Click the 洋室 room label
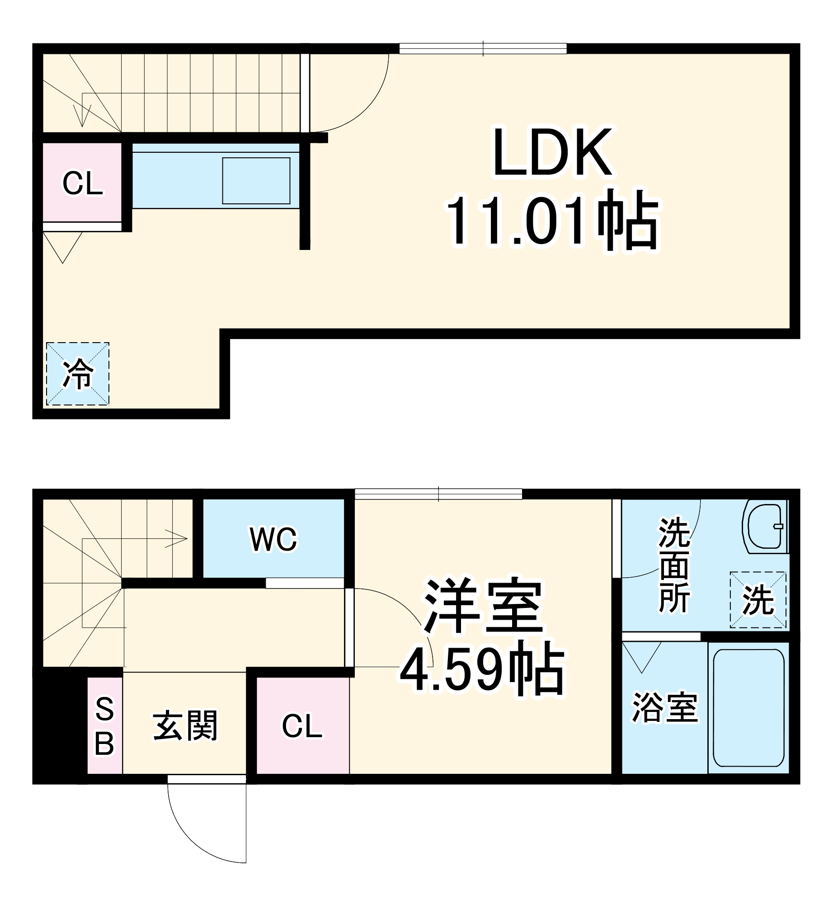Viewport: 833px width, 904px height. tap(482, 606)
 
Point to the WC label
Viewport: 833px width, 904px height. tap(273, 539)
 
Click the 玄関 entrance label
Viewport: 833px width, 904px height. tap(185, 725)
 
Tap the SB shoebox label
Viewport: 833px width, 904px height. tap(104, 726)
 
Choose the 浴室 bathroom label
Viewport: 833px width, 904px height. tap(664, 708)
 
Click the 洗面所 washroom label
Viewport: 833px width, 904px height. tap(674, 565)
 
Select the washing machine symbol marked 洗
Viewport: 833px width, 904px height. tap(758, 600)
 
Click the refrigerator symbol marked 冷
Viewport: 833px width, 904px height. tap(78, 374)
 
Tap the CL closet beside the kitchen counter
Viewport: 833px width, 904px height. tap(82, 183)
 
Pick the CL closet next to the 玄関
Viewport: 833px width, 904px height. tap(302, 726)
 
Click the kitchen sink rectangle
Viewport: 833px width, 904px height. tap(256, 181)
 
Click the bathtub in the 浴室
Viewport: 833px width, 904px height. tap(748, 708)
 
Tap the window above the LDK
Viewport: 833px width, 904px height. tap(483, 48)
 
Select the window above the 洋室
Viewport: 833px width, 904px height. tap(438, 494)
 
